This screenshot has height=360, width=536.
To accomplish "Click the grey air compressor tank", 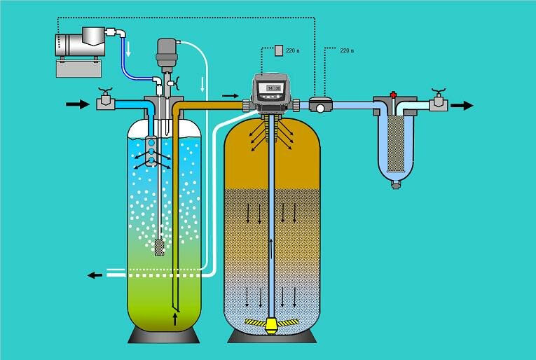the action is tap(74, 43).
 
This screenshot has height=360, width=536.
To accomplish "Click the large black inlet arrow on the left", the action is tap(74, 104).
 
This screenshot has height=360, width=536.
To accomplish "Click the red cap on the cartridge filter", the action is tap(393, 95).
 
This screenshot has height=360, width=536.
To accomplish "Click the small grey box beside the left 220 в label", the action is tap(279, 50).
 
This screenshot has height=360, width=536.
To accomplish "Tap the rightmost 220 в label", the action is tap(346, 51).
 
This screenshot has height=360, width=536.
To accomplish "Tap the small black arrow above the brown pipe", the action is tap(230, 95).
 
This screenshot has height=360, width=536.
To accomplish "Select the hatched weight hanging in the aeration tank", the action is tap(160, 247).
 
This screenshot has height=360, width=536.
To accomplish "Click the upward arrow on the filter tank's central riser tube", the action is tap(269, 246).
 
